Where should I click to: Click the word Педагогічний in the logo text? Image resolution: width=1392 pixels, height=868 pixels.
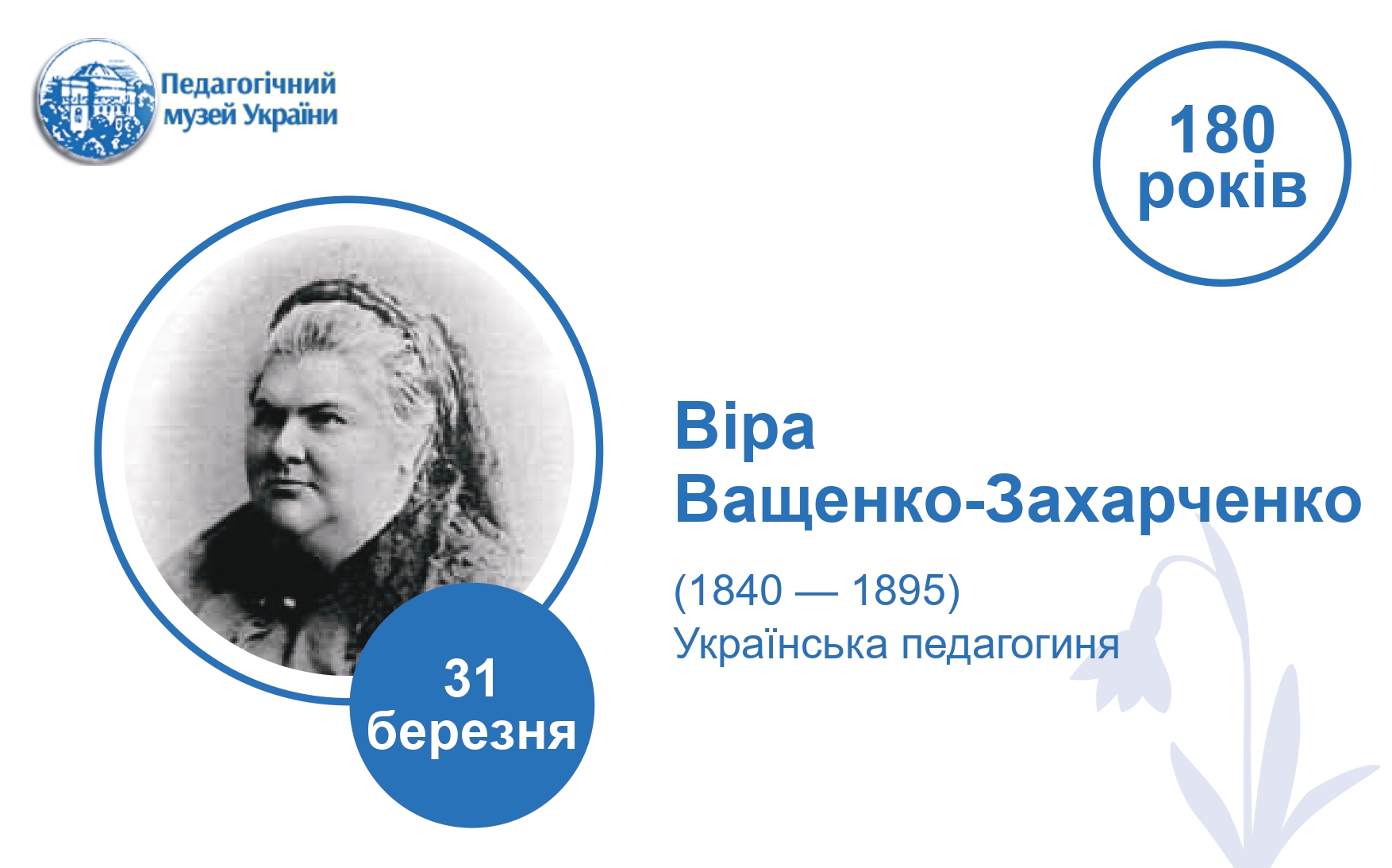(x=248, y=83)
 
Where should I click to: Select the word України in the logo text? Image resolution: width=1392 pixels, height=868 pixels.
(x=290, y=115)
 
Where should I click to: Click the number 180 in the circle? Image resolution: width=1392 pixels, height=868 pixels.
(x=1221, y=130)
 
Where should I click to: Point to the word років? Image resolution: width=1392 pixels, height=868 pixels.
(x=1222, y=189)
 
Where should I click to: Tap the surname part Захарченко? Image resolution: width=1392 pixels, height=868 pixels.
(x=1174, y=500)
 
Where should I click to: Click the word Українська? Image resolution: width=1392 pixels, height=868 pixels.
(x=781, y=645)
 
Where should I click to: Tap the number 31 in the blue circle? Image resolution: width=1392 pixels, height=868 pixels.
(x=471, y=679)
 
